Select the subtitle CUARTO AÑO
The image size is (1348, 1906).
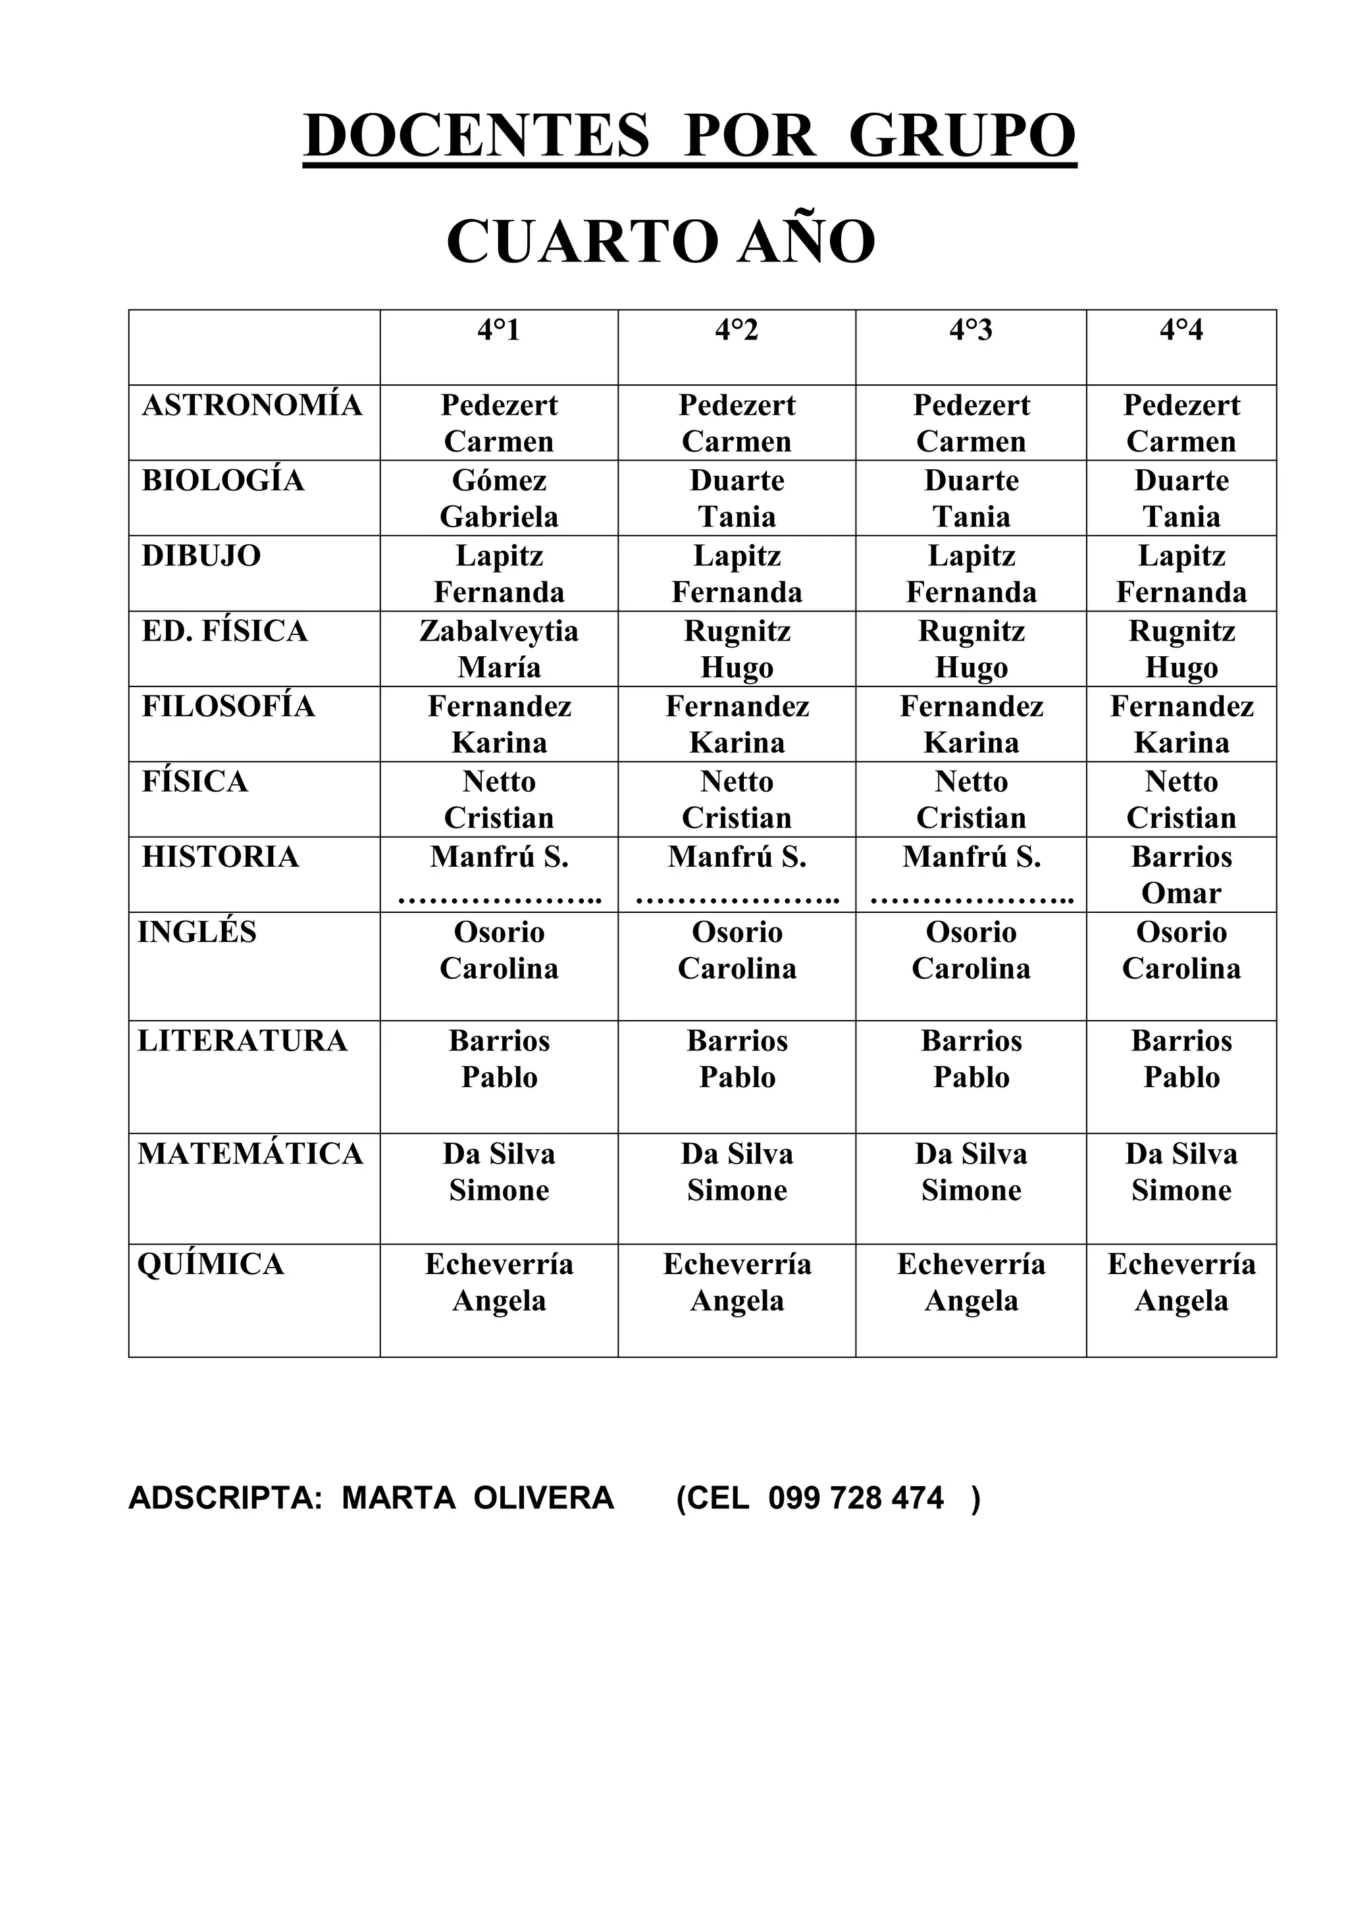pyautogui.click(x=661, y=242)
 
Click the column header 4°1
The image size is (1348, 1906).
pyautogui.click(x=499, y=330)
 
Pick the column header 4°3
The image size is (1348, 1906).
pyautogui.click(x=970, y=330)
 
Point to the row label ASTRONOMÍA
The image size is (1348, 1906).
pyautogui.click(x=252, y=405)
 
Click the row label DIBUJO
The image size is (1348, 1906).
pyautogui.click(x=201, y=555)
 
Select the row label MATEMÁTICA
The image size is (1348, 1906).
pyautogui.click(x=251, y=1153)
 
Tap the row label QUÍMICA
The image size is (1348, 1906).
pyautogui.click(x=211, y=1264)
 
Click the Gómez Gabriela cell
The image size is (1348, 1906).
pyautogui.click(x=499, y=498)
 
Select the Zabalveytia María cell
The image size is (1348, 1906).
pyautogui.click(x=499, y=648)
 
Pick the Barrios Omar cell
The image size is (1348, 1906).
pyautogui.click(x=1181, y=874)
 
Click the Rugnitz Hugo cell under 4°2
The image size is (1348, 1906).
pyautogui.click(x=737, y=648)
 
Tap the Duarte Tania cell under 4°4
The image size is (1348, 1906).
pyautogui.click(x=1181, y=498)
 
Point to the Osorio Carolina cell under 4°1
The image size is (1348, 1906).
pyautogui.click(x=499, y=950)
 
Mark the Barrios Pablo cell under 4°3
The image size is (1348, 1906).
pyautogui.click(x=971, y=1058)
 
